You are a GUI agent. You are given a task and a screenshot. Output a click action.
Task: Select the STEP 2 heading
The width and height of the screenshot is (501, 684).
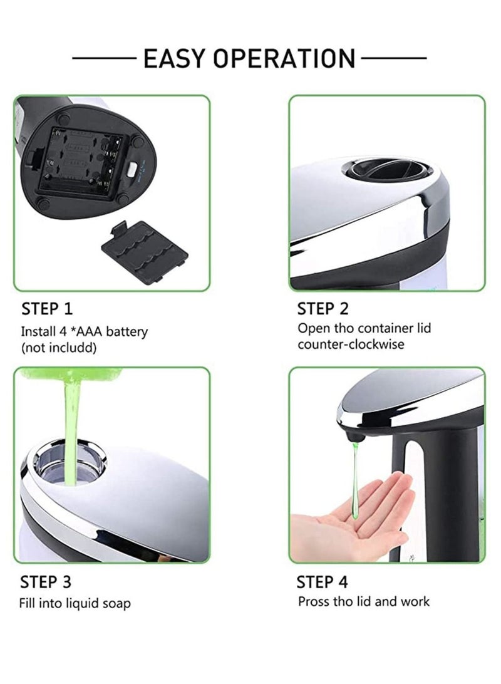[323, 308]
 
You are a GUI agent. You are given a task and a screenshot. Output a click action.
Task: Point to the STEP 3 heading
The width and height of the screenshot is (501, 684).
[46, 582]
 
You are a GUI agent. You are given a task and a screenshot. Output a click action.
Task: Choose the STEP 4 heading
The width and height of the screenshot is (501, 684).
[323, 582]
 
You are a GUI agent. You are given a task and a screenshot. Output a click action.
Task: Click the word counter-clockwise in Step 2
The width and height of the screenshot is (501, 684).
[351, 344]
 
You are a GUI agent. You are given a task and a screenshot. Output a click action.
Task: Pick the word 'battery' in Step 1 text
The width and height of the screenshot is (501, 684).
[127, 331]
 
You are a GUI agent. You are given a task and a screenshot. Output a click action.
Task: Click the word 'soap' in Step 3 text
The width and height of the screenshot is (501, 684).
[115, 603]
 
